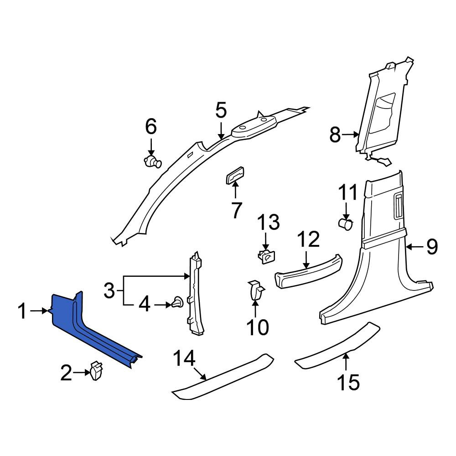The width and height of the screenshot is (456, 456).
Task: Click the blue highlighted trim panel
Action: (x=87, y=329)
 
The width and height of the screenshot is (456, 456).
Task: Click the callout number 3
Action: (x=109, y=290)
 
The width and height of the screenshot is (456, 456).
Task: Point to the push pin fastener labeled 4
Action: (x=177, y=304)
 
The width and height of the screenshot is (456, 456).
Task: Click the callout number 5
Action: (x=221, y=110)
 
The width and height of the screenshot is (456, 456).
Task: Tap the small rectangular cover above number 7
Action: (x=235, y=176)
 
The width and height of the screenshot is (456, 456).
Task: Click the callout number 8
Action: (x=335, y=135)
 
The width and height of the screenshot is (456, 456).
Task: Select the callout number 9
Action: (x=432, y=247)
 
